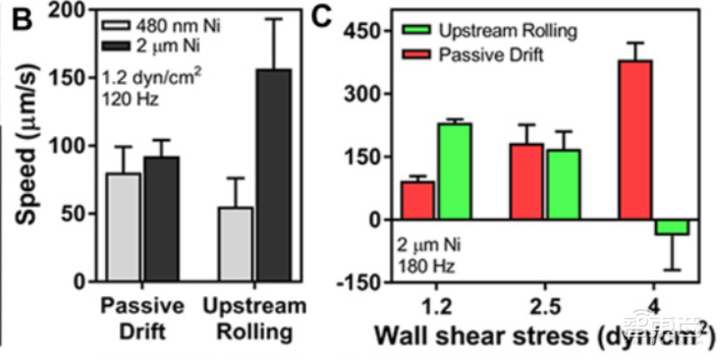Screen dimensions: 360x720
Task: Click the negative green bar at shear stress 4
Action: pyautogui.click(x=671, y=227)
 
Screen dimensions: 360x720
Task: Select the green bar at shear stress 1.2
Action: pyautogui.click(x=454, y=171)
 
